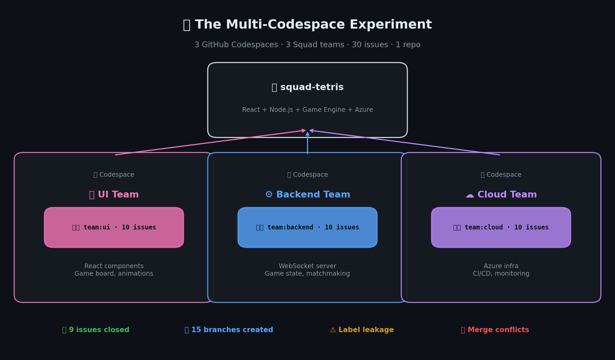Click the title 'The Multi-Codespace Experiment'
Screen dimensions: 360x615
pos(313,25)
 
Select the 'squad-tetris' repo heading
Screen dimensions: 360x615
pos(311,87)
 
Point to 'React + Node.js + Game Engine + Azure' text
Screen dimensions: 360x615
pos(307,110)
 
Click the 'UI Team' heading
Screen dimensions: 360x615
pos(118,195)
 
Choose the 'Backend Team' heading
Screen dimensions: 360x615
pos(313,195)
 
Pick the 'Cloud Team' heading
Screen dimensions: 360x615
pos(507,195)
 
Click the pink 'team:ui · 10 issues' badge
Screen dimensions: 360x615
pos(114,227)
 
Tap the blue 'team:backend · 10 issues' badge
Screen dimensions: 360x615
pos(307,227)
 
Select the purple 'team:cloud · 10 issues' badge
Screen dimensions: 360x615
pos(501,227)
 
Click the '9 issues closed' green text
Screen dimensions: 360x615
pos(99,330)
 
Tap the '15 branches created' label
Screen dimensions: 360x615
pos(232,330)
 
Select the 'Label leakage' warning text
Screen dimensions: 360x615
pos(366,330)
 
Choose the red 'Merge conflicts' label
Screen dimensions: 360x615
pos(498,330)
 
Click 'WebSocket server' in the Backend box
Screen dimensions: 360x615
pos(307,266)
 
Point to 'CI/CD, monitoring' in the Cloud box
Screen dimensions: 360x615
pos(501,274)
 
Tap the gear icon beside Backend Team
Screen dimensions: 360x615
pos(269,195)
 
